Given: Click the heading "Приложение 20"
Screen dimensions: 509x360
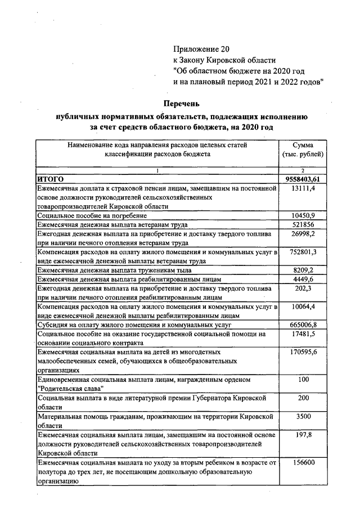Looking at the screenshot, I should (x=201, y=49).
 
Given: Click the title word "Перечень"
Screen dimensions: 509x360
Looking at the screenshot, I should (x=181, y=103).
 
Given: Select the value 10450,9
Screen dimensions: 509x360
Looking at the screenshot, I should (x=303, y=215).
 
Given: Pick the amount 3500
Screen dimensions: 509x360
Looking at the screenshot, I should (x=303, y=416).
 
